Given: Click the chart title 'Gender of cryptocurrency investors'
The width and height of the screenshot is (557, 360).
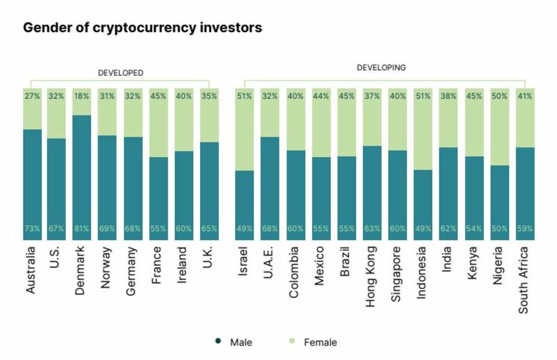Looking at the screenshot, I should point(142,27).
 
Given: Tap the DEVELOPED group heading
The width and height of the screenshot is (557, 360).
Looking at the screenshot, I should point(120,73).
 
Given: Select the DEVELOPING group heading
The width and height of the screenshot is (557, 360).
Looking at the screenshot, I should point(381,67).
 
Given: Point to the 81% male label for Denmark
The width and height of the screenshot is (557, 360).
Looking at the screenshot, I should point(82,229).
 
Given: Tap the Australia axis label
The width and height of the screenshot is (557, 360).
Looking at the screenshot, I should point(31,270).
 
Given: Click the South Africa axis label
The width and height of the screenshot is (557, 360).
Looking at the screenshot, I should point(523,280).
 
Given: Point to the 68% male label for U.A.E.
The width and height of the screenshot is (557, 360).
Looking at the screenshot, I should point(270,229).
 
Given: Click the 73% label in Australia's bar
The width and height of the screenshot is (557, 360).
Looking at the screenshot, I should point(32,229).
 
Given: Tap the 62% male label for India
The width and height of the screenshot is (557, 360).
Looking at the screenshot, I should point(449,229).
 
